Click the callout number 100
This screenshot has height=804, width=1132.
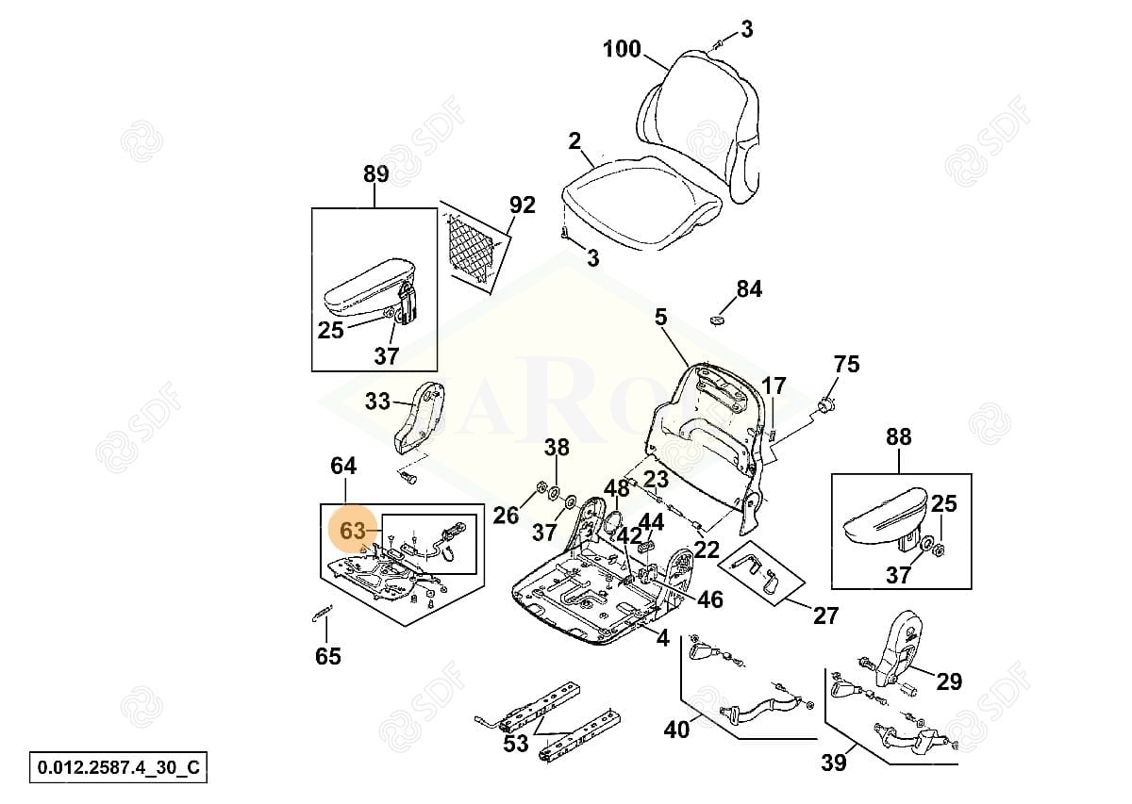click(623, 49)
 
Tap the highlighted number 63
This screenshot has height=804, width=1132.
click(352, 532)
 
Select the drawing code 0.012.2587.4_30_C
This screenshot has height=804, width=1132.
click(118, 766)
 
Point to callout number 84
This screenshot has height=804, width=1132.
click(749, 288)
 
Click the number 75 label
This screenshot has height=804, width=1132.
click(847, 364)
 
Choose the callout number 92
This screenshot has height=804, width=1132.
click(522, 205)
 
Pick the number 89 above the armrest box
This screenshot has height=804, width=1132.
click(375, 173)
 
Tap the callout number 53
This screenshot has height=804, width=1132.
click(515, 744)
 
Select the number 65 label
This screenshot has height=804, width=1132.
click(327, 656)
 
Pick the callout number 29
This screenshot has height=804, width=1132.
click(949, 681)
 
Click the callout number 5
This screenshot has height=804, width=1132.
click(660, 317)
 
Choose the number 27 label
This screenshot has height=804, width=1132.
click(825, 615)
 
